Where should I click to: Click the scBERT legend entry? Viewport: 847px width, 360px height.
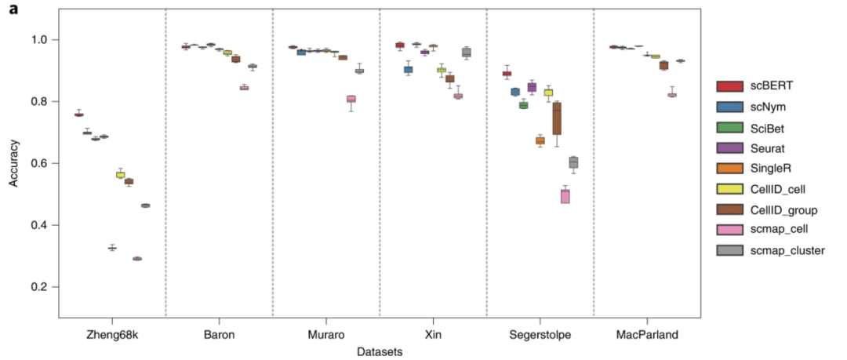click(764, 85)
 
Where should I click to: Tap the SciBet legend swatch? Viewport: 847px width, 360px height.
click(729, 126)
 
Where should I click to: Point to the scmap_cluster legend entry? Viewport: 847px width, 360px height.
click(780, 250)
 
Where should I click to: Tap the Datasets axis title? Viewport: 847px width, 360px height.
click(380, 352)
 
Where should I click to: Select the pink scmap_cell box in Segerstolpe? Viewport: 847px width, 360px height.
click(565, 196)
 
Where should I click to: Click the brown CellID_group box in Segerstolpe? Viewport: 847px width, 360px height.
click(557, 118)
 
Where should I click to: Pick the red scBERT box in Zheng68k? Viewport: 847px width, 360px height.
click(78, 115)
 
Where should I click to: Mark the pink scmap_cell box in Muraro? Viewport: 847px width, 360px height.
click(351, 99)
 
